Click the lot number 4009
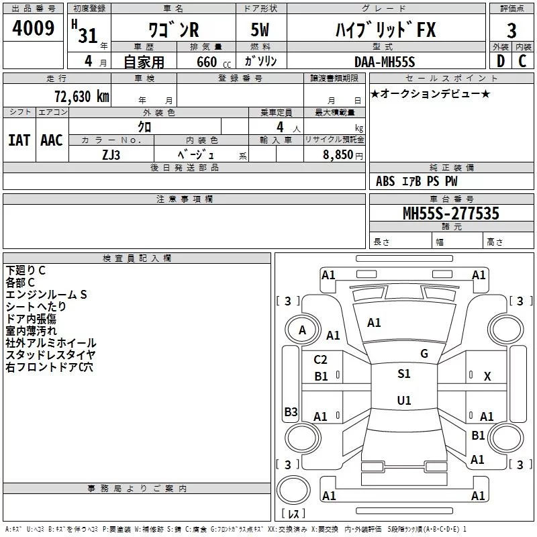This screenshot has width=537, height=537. (34, 29)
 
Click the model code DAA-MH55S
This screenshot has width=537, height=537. (385, 62)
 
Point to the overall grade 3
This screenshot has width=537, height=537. (511, 30)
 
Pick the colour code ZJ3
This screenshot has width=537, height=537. (111, 154)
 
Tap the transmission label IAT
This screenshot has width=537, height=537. (19, 140)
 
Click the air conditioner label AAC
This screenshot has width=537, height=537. (52, 140)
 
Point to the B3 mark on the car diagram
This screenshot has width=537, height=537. (291, 412)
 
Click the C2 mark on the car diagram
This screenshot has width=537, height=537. (321, 360)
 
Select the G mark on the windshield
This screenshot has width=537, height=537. (424, 354)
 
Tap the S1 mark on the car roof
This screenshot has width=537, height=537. (403, 374)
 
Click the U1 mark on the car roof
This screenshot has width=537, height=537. (403, 401)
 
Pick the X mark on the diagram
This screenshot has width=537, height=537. (487, 377)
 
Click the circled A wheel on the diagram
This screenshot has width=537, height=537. (302, 330)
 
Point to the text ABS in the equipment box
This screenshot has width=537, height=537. (385, 181)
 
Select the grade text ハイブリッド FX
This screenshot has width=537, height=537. (385, 30)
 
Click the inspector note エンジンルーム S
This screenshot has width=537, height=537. (47, 294)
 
